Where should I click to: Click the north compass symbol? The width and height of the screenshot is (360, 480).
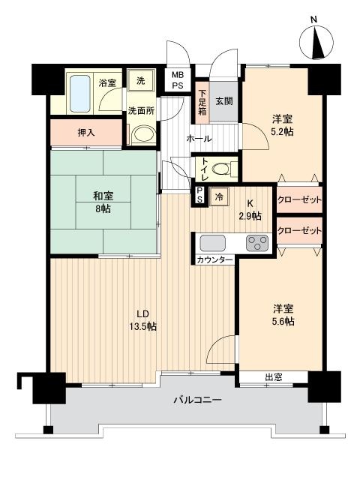(x=316, y=42)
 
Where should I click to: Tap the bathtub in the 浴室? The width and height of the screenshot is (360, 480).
(x=80, y=94)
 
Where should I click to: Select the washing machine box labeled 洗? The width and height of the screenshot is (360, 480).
(x=140, y=80)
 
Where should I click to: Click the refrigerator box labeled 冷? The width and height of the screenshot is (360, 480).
(x=219, y=196)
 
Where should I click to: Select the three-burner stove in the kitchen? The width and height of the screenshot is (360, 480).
(x=257, y=243)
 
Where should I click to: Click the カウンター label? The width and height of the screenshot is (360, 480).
(x=215, y=260)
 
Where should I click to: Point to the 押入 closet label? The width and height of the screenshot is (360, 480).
(x=86, y=133)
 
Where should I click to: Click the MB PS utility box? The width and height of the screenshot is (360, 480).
(x=177, y=80)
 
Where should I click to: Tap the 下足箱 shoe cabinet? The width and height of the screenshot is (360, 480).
(x=202, y=102)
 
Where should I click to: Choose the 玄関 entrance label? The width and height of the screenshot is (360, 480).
(x=224, y=101)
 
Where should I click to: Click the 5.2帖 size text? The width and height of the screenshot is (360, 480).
(x=282, y=132)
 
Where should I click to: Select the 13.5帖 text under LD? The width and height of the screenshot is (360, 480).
(x=142, y=326)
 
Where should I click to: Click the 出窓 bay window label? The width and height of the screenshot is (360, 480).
(x=274, y=377)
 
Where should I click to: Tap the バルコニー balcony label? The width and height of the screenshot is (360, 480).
(x=197, y=400)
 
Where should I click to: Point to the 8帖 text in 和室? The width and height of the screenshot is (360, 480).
(x=103, y=209)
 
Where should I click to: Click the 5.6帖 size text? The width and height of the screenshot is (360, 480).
(x=283, y=322)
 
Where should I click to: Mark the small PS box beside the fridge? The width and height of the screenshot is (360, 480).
(x=199, y=195)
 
